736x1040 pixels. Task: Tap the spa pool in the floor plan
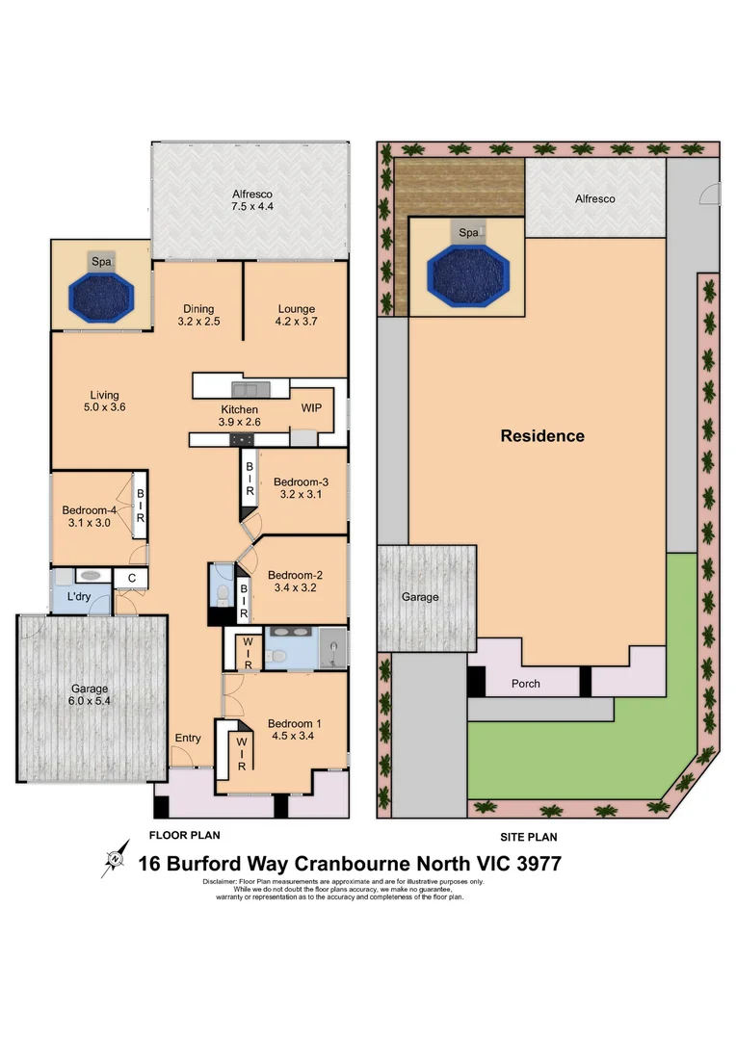click(101, 295)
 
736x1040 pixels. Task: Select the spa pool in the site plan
click(467, 273)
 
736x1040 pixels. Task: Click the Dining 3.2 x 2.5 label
click(199, 315)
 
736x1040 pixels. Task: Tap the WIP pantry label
click(311, 407)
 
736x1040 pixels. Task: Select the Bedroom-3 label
click(301, 488)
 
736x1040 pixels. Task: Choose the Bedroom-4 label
click(89, 516)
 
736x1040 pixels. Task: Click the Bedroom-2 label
click(295, 580)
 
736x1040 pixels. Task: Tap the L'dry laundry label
click(79, 598)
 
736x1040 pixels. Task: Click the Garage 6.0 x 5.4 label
click(89, 695)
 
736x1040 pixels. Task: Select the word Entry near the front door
click(188, 739)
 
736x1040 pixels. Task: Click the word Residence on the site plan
click(542, 436)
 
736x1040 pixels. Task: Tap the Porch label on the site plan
click(526, 685)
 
